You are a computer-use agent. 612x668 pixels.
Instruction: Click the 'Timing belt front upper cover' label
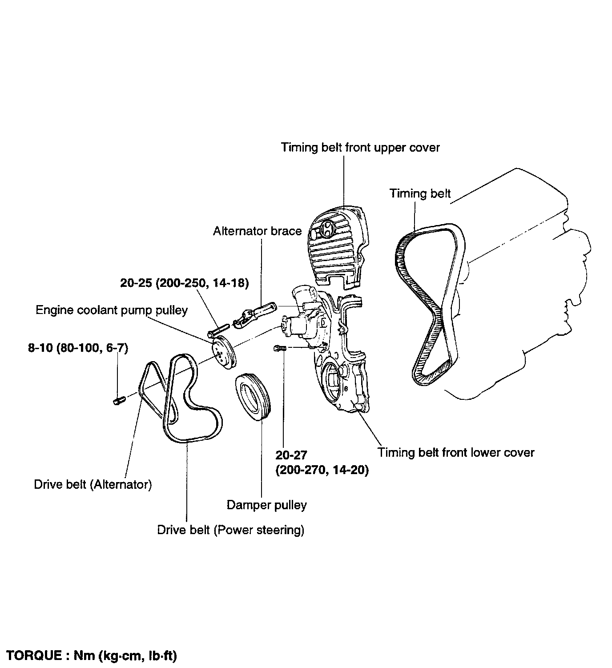coord(360,148)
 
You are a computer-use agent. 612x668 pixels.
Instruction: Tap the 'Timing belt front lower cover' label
coord(455,453)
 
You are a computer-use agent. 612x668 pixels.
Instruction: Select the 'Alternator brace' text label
coord(257,231)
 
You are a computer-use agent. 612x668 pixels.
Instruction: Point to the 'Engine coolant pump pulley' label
coord(112,310)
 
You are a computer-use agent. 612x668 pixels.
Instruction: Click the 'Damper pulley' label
coord(266,505)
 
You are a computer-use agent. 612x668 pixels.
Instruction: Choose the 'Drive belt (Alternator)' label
coord(93,484)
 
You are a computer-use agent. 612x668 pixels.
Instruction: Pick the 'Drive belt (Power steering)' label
coord(230,530)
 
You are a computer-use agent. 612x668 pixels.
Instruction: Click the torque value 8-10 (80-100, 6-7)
coord(78,348)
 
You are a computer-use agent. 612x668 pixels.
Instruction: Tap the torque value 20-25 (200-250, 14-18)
coord(184,283)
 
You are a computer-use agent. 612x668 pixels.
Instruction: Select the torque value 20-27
coord(292,455)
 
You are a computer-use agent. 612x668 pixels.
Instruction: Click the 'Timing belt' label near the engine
coord(420,193)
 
